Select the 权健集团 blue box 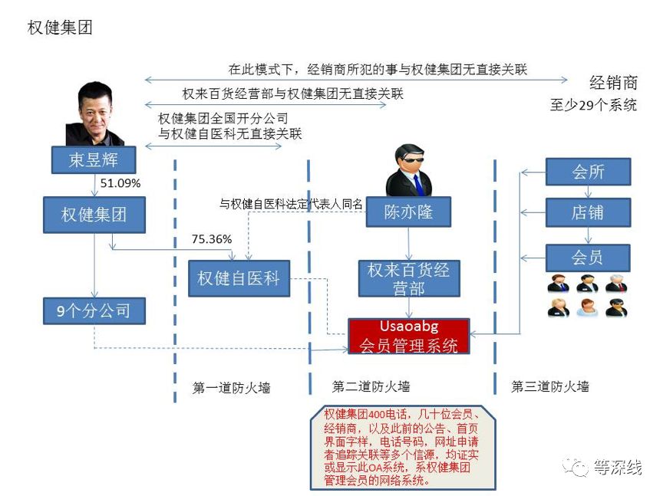click(94, 215)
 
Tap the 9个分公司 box click(94, 310)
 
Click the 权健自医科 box click(239, 278)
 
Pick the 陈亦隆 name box click(409, 212)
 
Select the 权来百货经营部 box click(408, 278)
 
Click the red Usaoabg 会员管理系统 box click(408, 337)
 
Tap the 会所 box click(588, 172)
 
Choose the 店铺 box click(588, 212)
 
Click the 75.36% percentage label click(211, 239)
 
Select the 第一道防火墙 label click(231, 388)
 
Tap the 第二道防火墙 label click(371, 386)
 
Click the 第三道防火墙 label click(550, 386)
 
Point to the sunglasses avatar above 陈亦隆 click(409, 169)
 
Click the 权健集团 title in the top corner click(60, 28)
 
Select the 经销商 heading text click(613, 83)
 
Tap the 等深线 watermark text click(616, 467)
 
